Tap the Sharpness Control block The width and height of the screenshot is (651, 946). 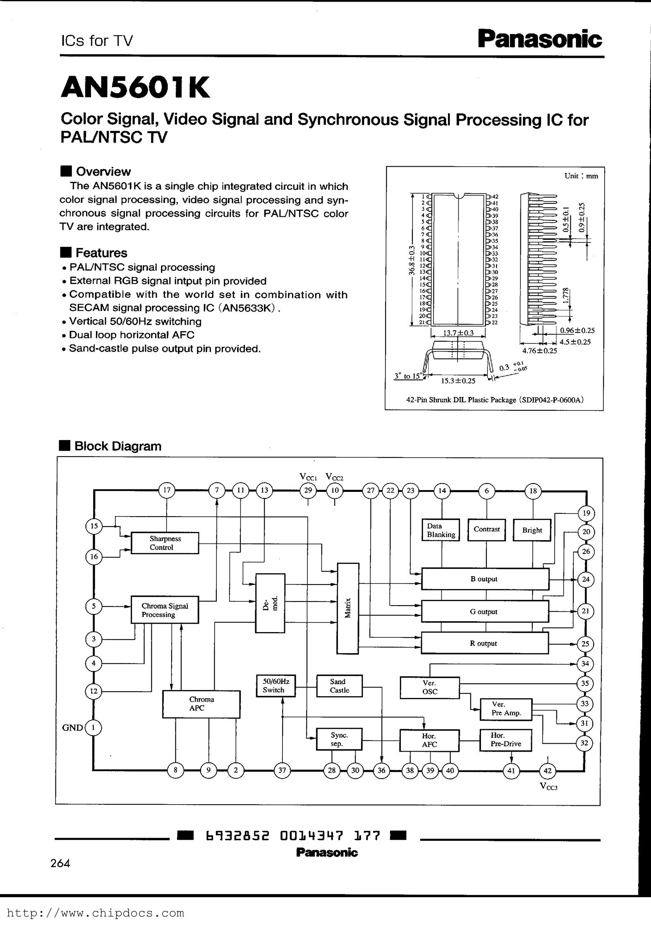[x=165, y=543]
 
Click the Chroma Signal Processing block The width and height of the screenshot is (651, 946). [x=165, y=610]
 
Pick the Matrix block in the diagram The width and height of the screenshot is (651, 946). [x=348, y=608]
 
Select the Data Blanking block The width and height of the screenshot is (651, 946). [x=441, y=530]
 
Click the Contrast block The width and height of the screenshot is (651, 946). [x=486, y=529]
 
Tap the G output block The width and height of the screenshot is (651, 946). [x=485, y=611]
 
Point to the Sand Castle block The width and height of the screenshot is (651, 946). [x=339, y=686]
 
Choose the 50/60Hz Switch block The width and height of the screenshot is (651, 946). [x=275, y=686]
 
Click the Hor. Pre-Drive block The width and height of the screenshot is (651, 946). [x=505, y=740]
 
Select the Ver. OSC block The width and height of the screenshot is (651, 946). [x=430, y=687]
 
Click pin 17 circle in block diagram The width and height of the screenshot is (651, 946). [x=167, y=491]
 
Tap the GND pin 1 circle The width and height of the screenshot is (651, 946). [x=94, y=728]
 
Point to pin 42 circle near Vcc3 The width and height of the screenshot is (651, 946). [x=548, y=770]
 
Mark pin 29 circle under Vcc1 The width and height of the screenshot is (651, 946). [x=308, y=491]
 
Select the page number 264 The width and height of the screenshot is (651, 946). [x=60, y=863]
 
